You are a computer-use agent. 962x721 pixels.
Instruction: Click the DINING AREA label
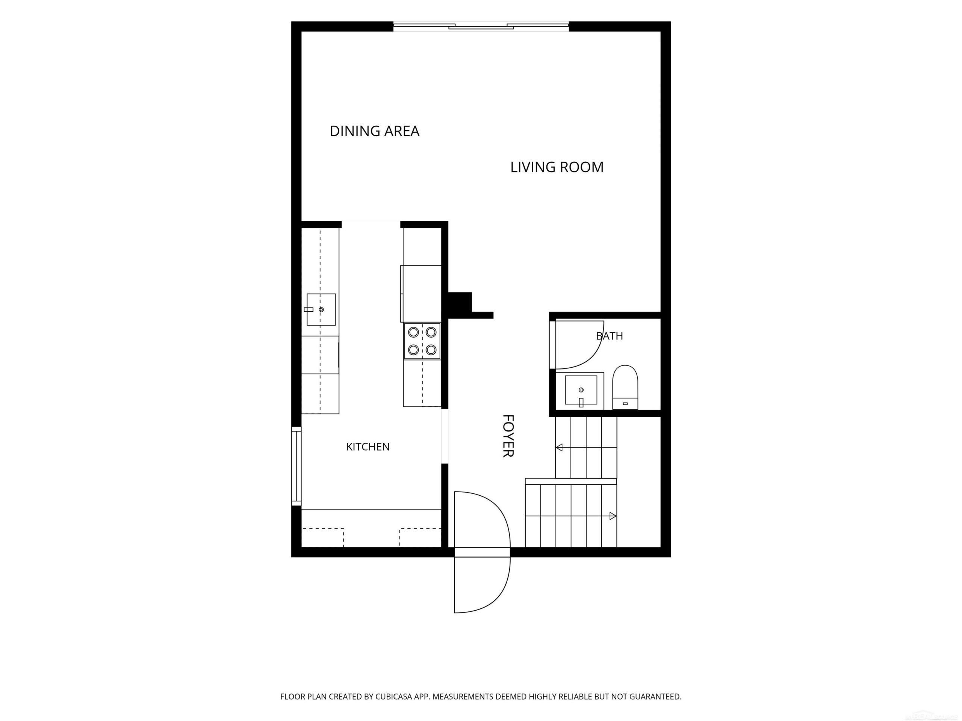(374, 131)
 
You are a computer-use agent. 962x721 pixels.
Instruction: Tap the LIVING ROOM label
(557, 167)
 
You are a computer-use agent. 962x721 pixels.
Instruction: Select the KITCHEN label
(368, 446)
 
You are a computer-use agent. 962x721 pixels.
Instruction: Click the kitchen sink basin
(321, 309)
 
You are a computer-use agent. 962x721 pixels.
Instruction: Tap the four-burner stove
(422, 341)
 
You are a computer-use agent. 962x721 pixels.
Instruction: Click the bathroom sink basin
(581, 390)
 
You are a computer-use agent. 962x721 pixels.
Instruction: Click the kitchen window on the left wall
(296, 466)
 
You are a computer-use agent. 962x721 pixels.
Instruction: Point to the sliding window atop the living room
(481, 27)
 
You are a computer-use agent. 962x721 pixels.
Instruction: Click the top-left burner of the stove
(414, 332)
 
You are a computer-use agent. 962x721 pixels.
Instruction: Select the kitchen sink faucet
(309, 309)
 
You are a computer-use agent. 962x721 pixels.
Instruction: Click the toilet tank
(625, 404)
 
